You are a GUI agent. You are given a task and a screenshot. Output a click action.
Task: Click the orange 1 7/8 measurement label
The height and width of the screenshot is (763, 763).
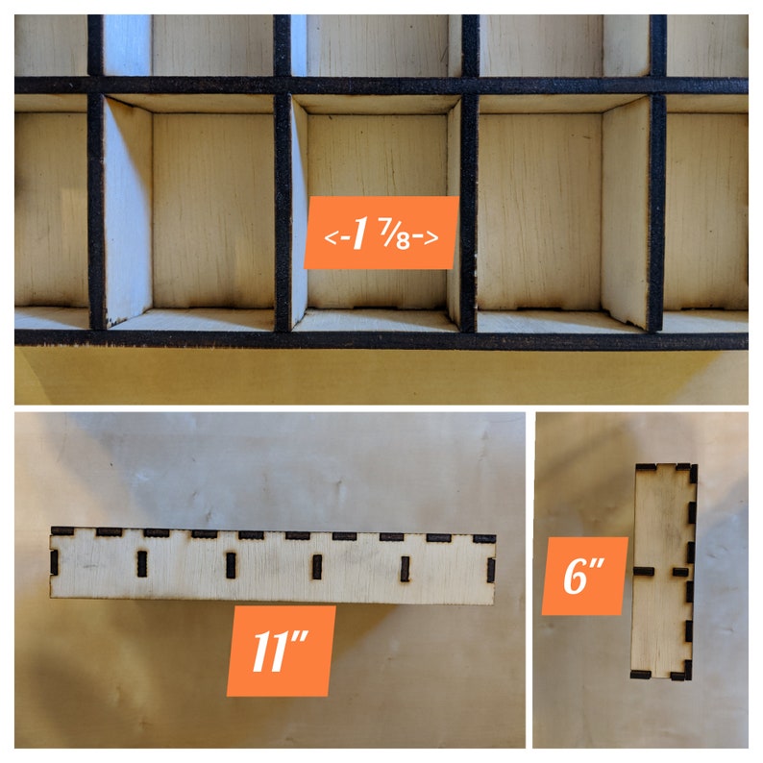pyautogui.click(x=381, y=233)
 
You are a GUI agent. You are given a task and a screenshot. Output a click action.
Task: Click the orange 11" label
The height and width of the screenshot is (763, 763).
pyautogui.click(x=282, y=651)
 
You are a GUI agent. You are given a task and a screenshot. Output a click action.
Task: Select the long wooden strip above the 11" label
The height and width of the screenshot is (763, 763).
pyautogui.click(x=273, y=566)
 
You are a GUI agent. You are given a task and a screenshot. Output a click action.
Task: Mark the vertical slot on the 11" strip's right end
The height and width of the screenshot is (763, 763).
pyautogui.click(x=491, y=570)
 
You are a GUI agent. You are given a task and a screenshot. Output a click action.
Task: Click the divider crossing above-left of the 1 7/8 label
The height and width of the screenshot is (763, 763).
pyautogui.click(x=283, y=86)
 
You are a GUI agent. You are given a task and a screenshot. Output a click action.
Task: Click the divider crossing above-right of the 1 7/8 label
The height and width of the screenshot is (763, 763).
pyautogui.click(x=470, y=86)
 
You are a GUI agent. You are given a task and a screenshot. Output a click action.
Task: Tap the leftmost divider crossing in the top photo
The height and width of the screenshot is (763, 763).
pyautogui.click(x=95, y=86)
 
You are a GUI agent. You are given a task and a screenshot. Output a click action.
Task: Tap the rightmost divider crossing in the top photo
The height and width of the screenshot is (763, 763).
pyautogui.click(x=657, y=86)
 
